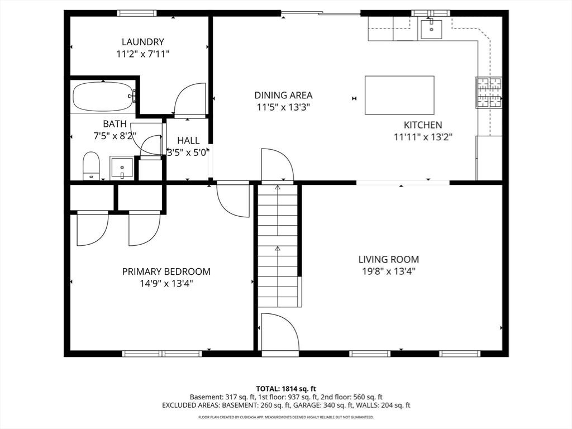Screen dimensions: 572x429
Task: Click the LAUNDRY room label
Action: coord(143,42)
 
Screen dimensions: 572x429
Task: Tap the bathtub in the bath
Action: coord(103,97)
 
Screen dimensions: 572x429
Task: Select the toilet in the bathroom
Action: coord(91,166)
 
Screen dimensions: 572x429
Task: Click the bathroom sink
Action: coord(122,168)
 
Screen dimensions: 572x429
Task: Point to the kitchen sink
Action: coord(431,29)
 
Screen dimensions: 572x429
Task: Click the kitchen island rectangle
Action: coord(399,95)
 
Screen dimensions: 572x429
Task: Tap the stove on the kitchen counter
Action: coord(488,93)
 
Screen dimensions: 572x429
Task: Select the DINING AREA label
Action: coord(283,95)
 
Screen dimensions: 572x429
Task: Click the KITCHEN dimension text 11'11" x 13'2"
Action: coord(423,137)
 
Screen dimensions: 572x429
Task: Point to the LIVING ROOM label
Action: coord(389,259)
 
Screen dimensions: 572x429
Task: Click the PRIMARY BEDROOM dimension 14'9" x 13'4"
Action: coord(166,283)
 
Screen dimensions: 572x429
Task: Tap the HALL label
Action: coord(188,140)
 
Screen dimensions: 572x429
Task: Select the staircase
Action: coord(278,246)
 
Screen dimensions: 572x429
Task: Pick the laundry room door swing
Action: coord(190,99)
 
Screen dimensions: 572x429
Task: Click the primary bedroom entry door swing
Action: coord(232,200)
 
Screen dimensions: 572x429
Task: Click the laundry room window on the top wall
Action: coord(137,13)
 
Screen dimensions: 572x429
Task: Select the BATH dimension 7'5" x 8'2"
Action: coord(115,136)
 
